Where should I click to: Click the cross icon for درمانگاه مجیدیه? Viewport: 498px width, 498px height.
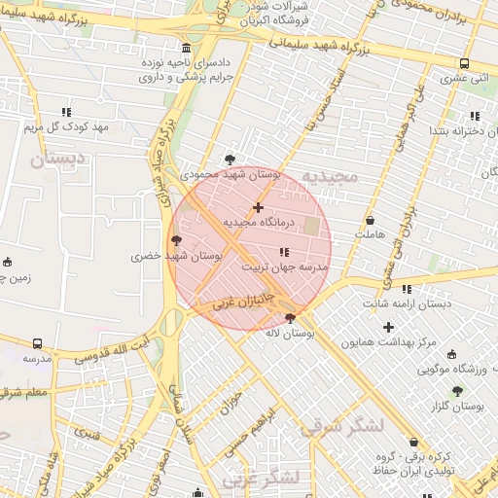tap(258, 207)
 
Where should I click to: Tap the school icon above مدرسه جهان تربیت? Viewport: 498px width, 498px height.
tap(284, 252)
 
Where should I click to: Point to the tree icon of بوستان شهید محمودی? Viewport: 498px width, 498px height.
tap(230, 159)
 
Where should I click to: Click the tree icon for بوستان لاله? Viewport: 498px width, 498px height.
tap(290, 318)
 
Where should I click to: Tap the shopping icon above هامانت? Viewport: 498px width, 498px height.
tap(370, 221)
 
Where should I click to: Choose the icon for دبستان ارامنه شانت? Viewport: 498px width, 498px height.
tap(407, 289)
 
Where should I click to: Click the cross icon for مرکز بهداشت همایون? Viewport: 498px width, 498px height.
tap(389, 328)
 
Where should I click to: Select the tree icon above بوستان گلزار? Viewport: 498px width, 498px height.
tap(457, 390)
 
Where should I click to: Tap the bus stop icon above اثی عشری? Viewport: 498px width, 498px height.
tap(464, 65)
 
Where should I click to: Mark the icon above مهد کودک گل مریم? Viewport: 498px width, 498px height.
tap(66, 113)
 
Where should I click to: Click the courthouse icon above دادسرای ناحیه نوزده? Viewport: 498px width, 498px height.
tap(187, 48)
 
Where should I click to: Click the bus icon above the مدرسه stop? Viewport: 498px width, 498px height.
tap(38, 343)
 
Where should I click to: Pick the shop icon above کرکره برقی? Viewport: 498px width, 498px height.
tap(413, 442)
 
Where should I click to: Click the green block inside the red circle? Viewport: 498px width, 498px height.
tap(311, 227)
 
